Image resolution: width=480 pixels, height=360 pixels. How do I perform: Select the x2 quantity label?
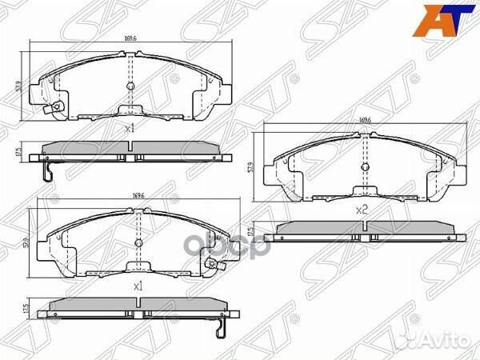361,210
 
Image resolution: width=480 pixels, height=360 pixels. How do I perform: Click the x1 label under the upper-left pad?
130,127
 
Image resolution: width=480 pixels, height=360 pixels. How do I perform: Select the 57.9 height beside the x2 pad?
251,170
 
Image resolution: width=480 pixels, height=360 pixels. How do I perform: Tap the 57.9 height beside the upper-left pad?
18,82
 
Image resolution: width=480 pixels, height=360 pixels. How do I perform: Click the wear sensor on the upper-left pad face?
55,110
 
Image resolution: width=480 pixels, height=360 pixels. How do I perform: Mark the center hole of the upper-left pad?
130,85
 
